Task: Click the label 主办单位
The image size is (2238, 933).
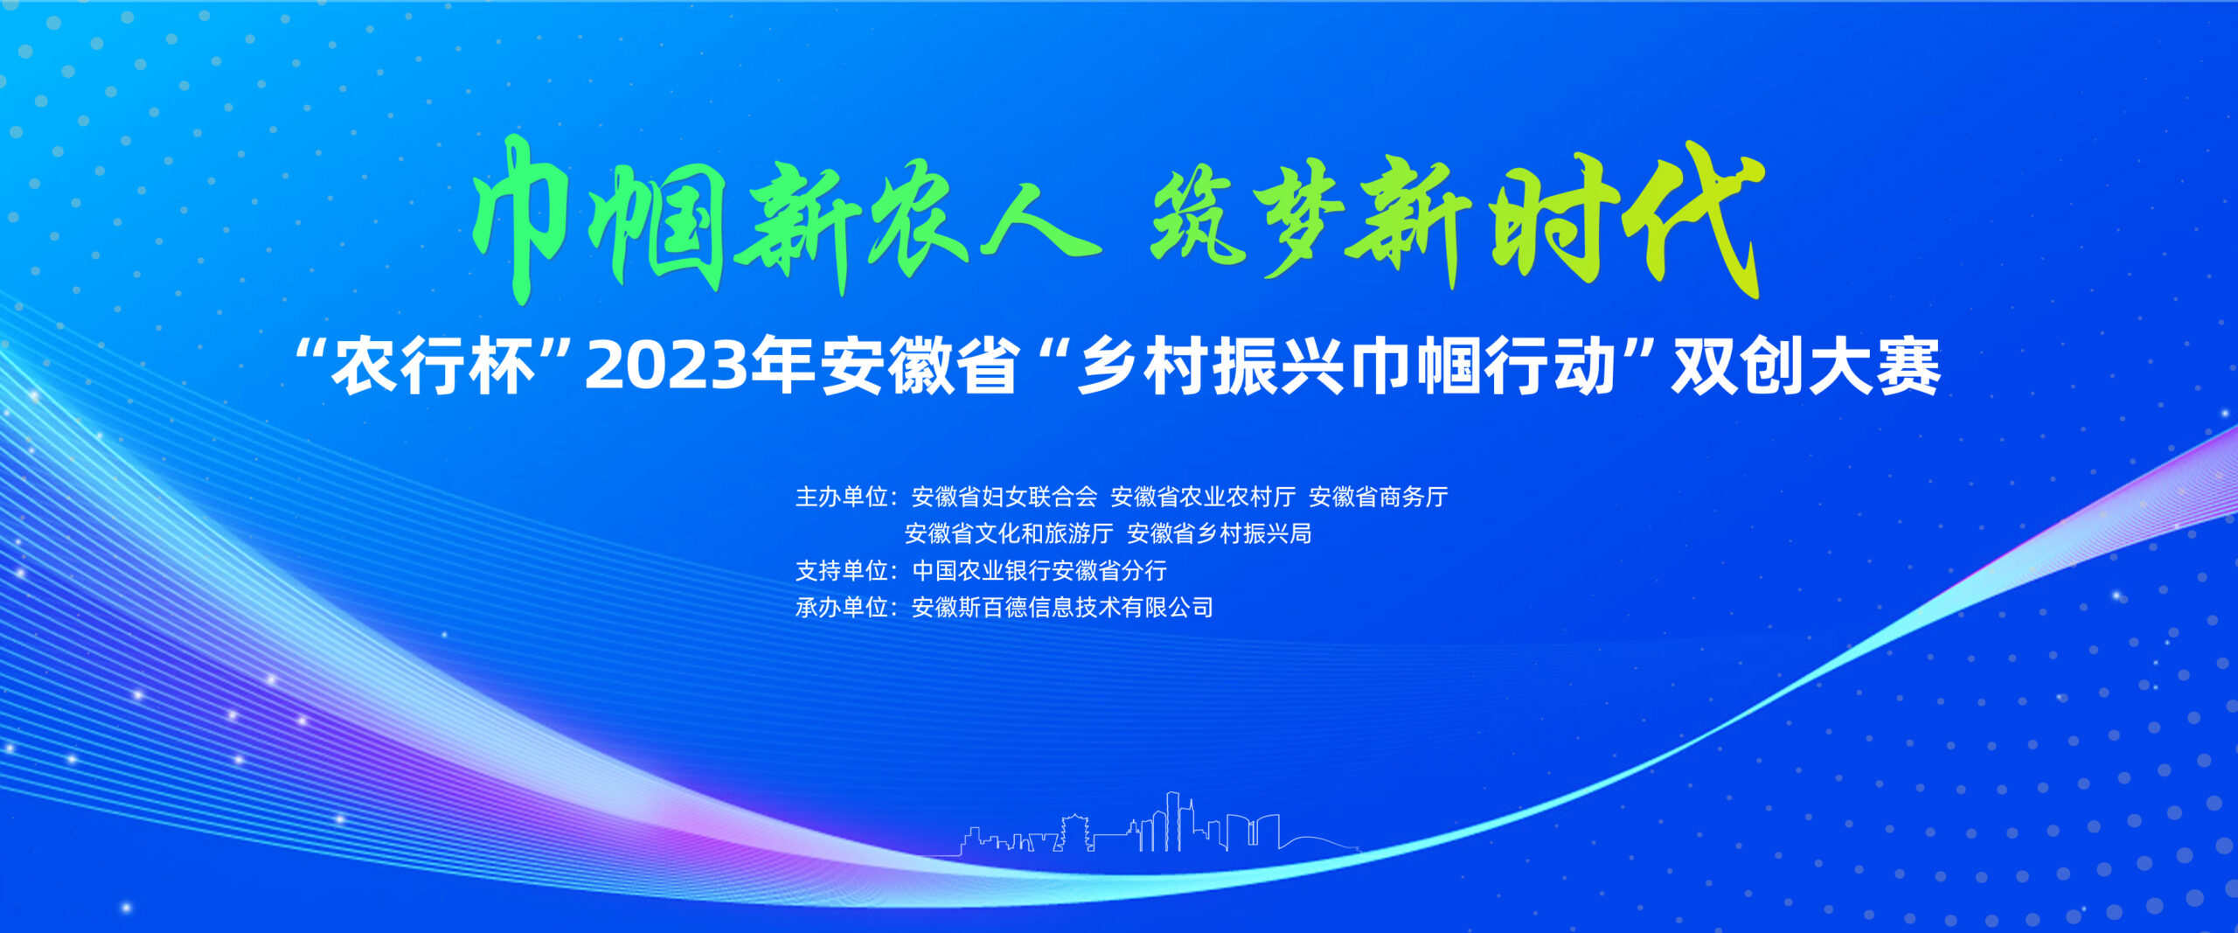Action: pyautogui.click(x=842, y=498)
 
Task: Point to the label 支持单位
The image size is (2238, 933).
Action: pyautogui.click(x=842, y=571)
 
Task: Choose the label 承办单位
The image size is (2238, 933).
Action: pyautogui.click(x=842, y=608)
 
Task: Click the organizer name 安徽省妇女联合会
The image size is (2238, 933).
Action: pyautogui.click(x=1004, y=498)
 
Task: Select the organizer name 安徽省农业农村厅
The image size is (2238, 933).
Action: pyautogui.click(x=1203, y=498)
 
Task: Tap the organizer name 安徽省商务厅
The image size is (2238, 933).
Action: pyautogui.click(x=1379, y=498)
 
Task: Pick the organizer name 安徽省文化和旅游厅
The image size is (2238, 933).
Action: pyautogui.click(x=1009, y=533)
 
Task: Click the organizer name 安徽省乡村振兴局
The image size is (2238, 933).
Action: pyautogui.click(x=1220, y=533)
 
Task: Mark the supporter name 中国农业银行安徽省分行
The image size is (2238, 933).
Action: pyautogui.click(x=1039, y=571)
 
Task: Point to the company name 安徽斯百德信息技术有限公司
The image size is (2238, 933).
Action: pyautogui.click(x=1062, y=608)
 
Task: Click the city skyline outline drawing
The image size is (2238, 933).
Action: pyautogui.click(x=1145, y=826)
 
